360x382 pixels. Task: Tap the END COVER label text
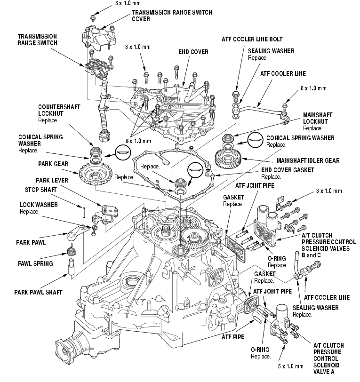pyautogui.click(x=193, y=52)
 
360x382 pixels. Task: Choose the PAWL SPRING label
pyautogui.click(x=35, y=263)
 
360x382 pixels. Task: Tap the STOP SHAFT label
pyautogui.click(x=41, y=190)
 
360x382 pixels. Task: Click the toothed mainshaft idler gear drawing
pyautogui.click(x=231, y=158)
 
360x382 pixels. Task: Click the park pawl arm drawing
pyautogui.click(x=76, y=231)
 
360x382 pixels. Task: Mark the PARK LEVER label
pyautogui.click(x=52, y=180)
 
